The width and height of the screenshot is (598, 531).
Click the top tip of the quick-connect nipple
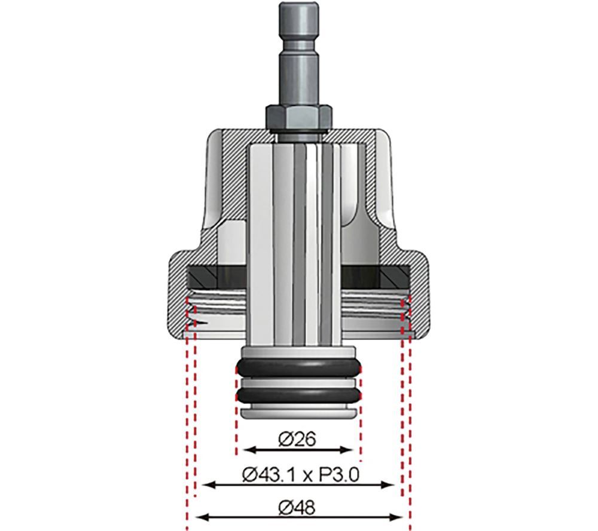pos(297,7)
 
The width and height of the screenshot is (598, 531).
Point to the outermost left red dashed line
pos(187,430)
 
